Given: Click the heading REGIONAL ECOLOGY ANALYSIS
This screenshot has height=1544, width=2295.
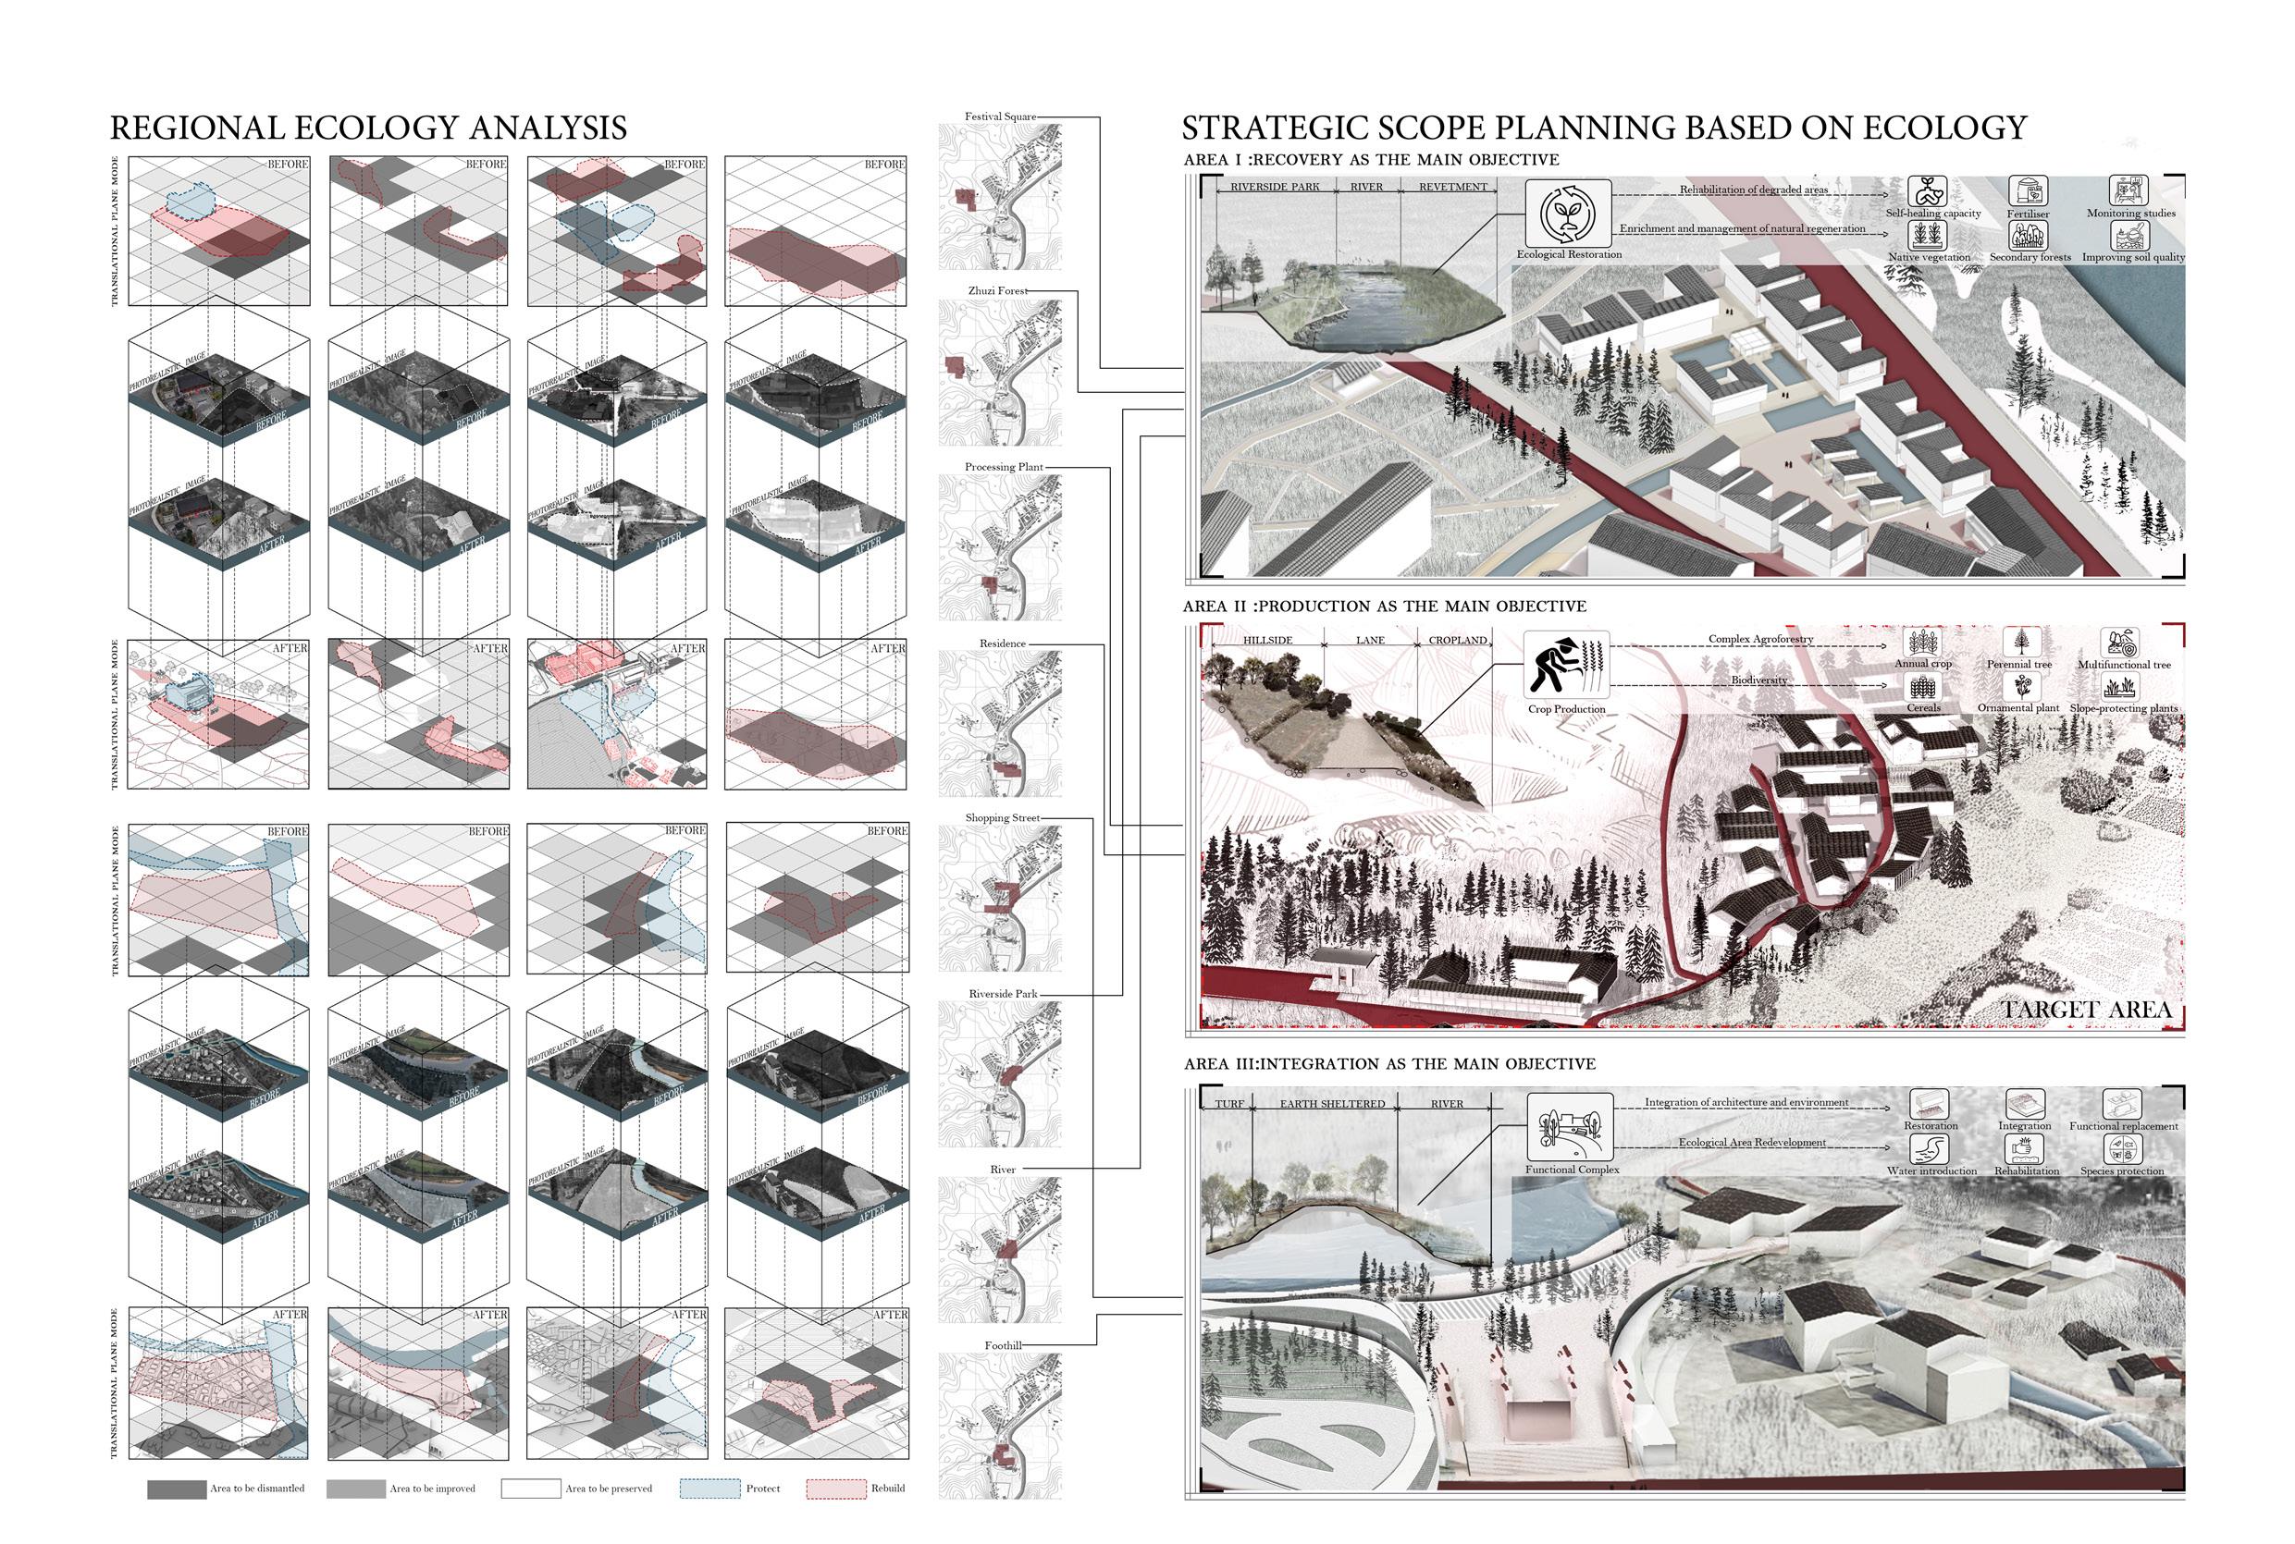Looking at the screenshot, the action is [368, 128].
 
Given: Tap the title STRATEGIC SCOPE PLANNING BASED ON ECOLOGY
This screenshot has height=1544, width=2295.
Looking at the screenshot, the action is [1604, 128].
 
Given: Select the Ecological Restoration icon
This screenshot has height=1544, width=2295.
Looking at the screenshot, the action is [1568, 214].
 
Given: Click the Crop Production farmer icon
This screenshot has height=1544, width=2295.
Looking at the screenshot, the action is [1566, 667].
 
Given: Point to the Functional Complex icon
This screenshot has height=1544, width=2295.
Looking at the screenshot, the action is [1570, 1127].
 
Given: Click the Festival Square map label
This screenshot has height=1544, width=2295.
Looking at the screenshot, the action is [1000, 117].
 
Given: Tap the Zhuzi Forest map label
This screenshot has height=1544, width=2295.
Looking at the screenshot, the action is [997, 291].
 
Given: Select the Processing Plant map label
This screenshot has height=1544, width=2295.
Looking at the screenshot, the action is [1004, 468].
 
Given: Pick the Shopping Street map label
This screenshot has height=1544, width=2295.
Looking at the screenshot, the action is [1002, 818].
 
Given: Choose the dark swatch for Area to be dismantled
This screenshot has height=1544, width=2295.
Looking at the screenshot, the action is [177, 1489].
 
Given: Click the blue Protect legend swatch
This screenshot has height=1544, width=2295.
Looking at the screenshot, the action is [709, 1489].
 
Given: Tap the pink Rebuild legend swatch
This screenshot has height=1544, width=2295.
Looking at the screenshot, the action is [836, 1489].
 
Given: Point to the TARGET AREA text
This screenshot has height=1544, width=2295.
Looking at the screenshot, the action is [2086, 1011].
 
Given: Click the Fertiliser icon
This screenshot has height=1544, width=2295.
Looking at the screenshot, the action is [2027, 191].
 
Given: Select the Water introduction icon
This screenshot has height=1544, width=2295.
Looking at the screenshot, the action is [1930, 1149].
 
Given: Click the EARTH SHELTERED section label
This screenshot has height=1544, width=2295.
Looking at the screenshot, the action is [1332, 1105].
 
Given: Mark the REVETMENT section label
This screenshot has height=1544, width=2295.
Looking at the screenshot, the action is [1453, 187].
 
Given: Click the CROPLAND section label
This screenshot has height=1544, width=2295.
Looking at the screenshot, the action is [1457, 641].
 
